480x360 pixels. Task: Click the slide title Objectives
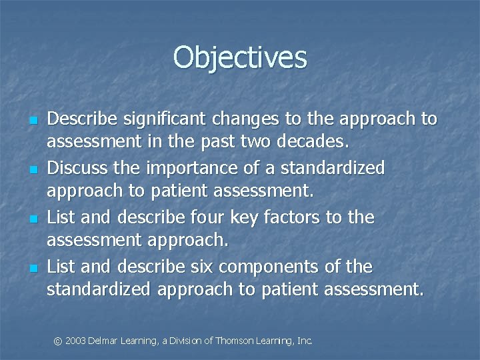pos(240,57)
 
